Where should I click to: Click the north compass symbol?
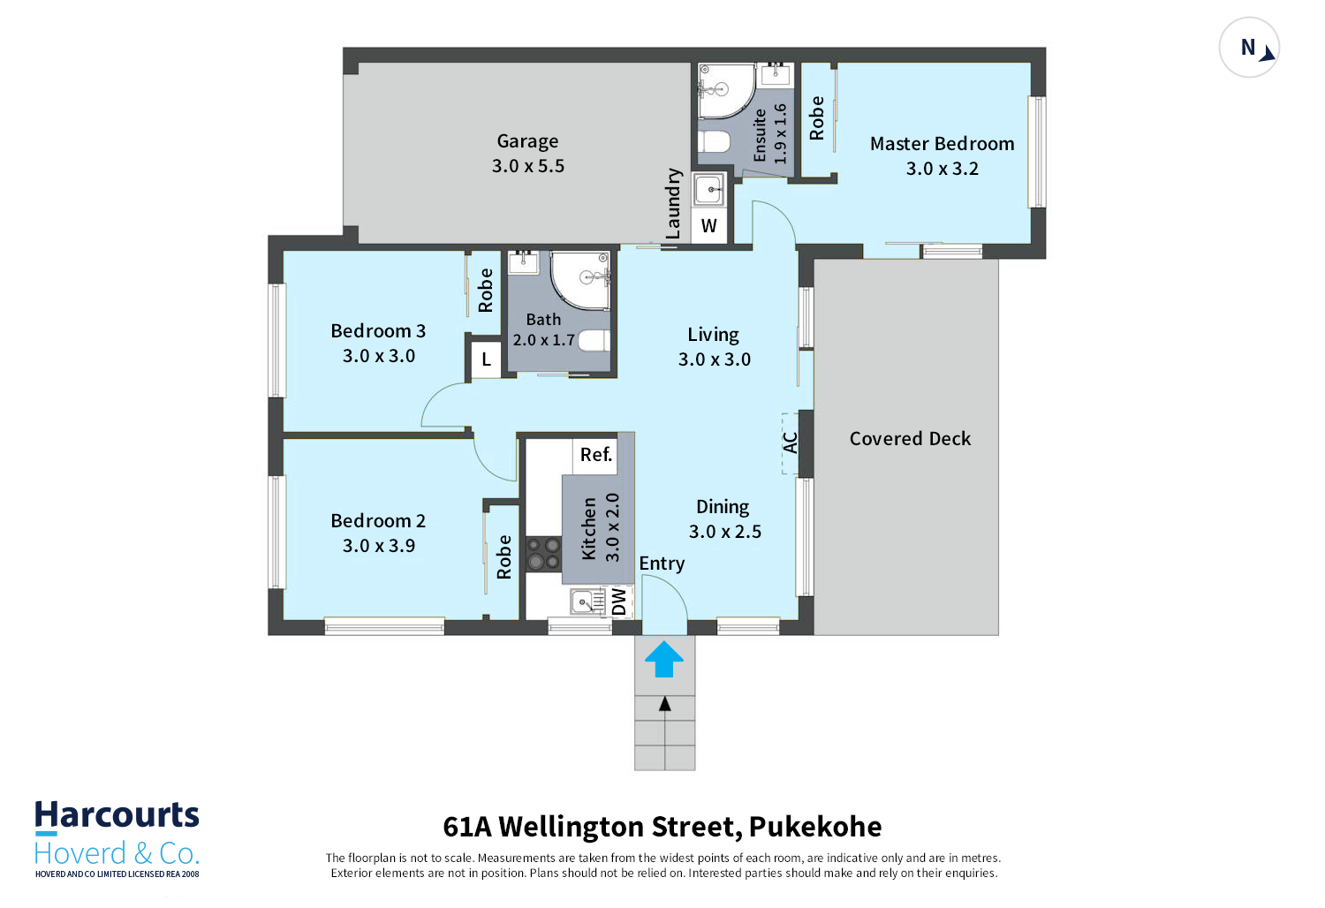(1249, 48)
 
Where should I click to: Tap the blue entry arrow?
(663, 658)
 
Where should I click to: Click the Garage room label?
(527, 141)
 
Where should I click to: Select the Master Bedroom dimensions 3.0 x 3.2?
(942, 169)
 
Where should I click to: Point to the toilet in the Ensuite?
(715, 142)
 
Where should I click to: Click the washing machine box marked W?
(708, 225)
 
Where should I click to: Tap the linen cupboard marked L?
(486, 359)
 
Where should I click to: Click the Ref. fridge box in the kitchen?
(595, 455)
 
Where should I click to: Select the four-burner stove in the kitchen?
(543, 554)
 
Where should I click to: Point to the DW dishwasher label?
(618, 602)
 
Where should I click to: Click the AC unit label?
(791, 443)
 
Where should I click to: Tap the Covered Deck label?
(910, 438)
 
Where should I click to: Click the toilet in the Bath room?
(594, 341)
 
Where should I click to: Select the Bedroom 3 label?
(378, 330)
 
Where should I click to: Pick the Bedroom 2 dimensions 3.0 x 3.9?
(379, 545)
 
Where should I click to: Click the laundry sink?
(708, 190)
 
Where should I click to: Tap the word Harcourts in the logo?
(117, 815)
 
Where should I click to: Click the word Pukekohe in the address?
(815, 827)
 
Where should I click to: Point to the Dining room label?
(723, 507)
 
